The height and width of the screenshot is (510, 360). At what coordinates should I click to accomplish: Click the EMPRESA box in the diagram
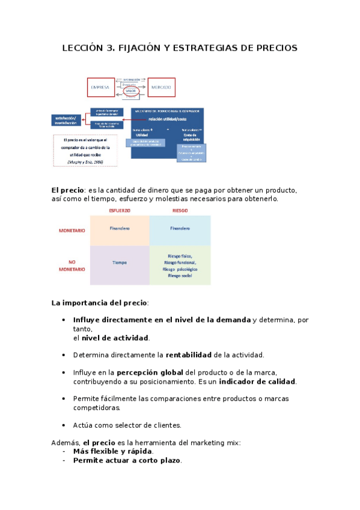(x=100, y=88)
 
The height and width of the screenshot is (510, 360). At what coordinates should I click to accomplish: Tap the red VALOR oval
(x=131, y=92)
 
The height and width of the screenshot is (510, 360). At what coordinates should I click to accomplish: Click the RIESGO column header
(x=180, y=210)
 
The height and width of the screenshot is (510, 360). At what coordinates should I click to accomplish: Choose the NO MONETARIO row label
(x=72, y=265)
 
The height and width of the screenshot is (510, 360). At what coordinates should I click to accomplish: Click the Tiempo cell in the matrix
(x=120, y=263)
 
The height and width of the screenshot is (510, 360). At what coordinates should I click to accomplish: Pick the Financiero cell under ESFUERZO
(x=120, y=229)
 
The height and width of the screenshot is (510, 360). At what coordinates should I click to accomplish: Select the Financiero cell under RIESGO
(x=180, y=229)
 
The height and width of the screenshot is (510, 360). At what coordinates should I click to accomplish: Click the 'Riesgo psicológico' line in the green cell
(x=180, y=269)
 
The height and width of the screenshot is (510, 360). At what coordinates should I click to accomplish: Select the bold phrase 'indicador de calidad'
(x=257, y=381)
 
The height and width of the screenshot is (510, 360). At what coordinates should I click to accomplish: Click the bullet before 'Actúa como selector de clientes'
(x=64, y=425)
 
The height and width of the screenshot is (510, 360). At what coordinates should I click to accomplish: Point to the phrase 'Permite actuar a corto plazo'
(x=127, y=460)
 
